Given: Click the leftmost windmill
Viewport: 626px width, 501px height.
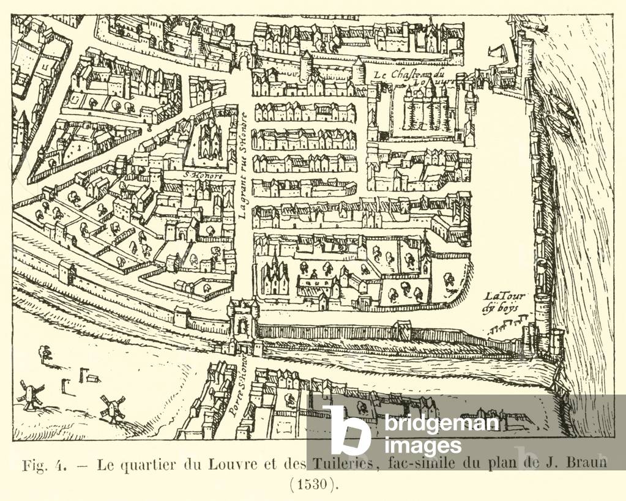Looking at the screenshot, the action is click(29, 395).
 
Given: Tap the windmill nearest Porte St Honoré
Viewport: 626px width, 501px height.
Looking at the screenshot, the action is click(112, 409).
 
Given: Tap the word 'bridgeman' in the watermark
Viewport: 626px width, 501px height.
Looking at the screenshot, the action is click(442, 423).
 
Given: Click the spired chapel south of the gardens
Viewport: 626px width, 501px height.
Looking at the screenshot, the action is click(275, 278).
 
